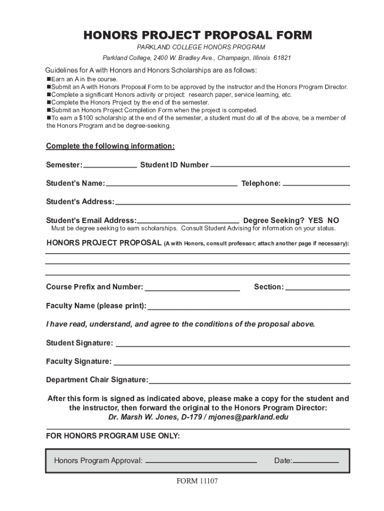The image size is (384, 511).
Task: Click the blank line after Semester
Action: pos(110,165)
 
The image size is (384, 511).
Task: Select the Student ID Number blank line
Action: pos(280,165)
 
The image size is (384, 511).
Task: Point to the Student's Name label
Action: pos(75,183)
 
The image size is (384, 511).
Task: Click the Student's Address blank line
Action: pos(232,202)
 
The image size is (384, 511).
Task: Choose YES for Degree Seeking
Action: pos(316,220)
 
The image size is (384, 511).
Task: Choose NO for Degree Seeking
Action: pos(333,220)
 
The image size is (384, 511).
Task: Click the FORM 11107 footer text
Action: pos(197,482)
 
